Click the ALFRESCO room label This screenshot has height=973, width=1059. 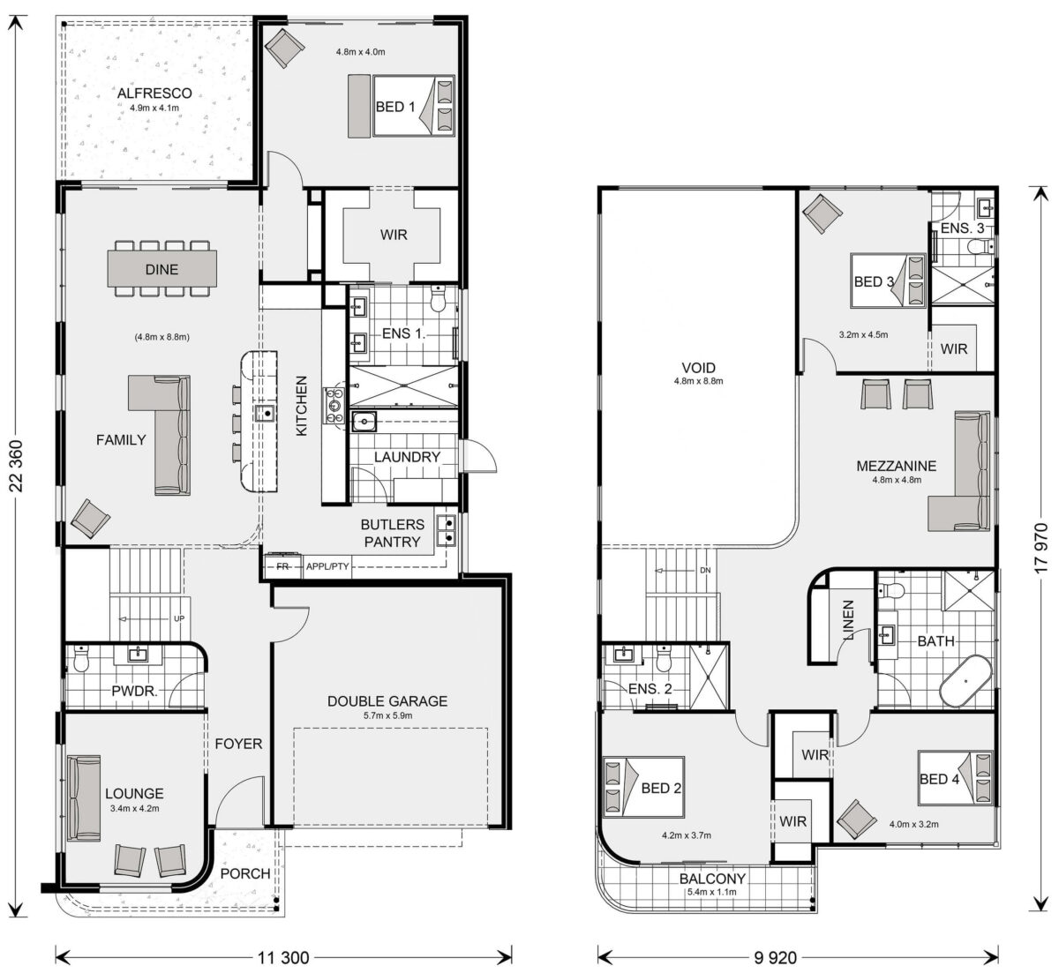(x=154, y=94)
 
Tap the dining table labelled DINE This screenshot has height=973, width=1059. (x=162, y=269)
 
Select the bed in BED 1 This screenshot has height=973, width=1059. (x=413, y=106)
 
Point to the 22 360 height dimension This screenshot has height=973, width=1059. (x=17, y=466)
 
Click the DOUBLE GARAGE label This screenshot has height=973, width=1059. (x=387, y=700)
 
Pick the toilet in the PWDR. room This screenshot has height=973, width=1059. (x=81, y=660)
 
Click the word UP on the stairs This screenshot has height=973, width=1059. (x=179, y=618)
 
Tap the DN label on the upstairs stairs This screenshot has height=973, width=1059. (x=705, y=570)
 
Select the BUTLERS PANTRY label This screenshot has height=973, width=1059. (x=392, y=533)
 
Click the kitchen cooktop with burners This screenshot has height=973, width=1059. (x=334, y=406)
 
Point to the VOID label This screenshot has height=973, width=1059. (x=698, y=368)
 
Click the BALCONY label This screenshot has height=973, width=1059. (x=712, y=879)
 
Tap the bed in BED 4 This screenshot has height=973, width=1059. (x=956, y=778)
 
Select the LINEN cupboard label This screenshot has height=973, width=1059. (x=848, y=620)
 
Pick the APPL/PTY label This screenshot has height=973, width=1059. (x=327, y=566)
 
